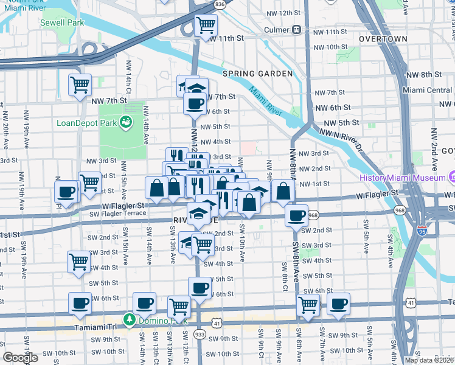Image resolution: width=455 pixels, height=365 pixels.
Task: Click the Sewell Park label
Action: [x=62, y=23]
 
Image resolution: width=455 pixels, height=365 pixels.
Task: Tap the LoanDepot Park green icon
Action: [x=126, y=122]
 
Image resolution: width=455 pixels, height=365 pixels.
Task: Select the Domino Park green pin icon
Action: [x=128, y=319]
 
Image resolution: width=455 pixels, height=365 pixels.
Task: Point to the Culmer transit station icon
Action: [x=297, y=29]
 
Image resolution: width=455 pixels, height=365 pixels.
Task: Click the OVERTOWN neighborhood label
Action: [x=383, y=39]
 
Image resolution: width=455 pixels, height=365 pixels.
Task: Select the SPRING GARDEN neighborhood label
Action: [x=257, y=74]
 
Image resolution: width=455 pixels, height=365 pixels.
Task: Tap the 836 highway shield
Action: [x=220, y=4]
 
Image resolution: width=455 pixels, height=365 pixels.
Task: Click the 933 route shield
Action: [x=200, y=335]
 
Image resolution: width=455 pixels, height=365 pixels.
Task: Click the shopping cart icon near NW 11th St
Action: [x=206, y=26]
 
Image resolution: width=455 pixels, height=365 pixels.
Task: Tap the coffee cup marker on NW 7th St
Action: [x=195, y=103]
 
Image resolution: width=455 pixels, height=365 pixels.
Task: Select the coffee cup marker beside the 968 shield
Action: [x=297, y=215]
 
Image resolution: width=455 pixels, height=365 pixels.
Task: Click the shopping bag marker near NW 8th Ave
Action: [x=283, y=191]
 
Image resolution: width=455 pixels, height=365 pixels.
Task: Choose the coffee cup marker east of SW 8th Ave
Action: [x=338, y=304]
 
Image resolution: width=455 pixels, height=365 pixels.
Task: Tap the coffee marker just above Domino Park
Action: [x=144, y=302]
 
